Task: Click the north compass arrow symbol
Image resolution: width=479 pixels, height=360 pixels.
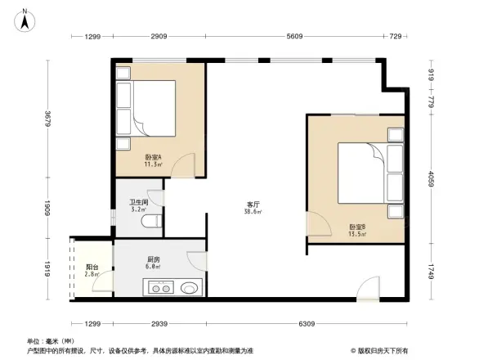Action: coord(25,19)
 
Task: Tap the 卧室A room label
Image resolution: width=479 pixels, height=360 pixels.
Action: coord(153,157)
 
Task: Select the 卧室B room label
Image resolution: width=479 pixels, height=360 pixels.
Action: coord(356,227)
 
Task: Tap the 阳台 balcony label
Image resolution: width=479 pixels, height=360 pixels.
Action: coord(92,267)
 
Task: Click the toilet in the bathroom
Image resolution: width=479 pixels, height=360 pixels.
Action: coord(150,222)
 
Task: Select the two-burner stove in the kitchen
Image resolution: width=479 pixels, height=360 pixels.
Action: coord(160,287)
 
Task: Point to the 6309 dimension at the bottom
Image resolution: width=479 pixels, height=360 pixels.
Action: coord(307,324)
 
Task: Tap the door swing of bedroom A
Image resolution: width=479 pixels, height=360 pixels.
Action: coord(186,164)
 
